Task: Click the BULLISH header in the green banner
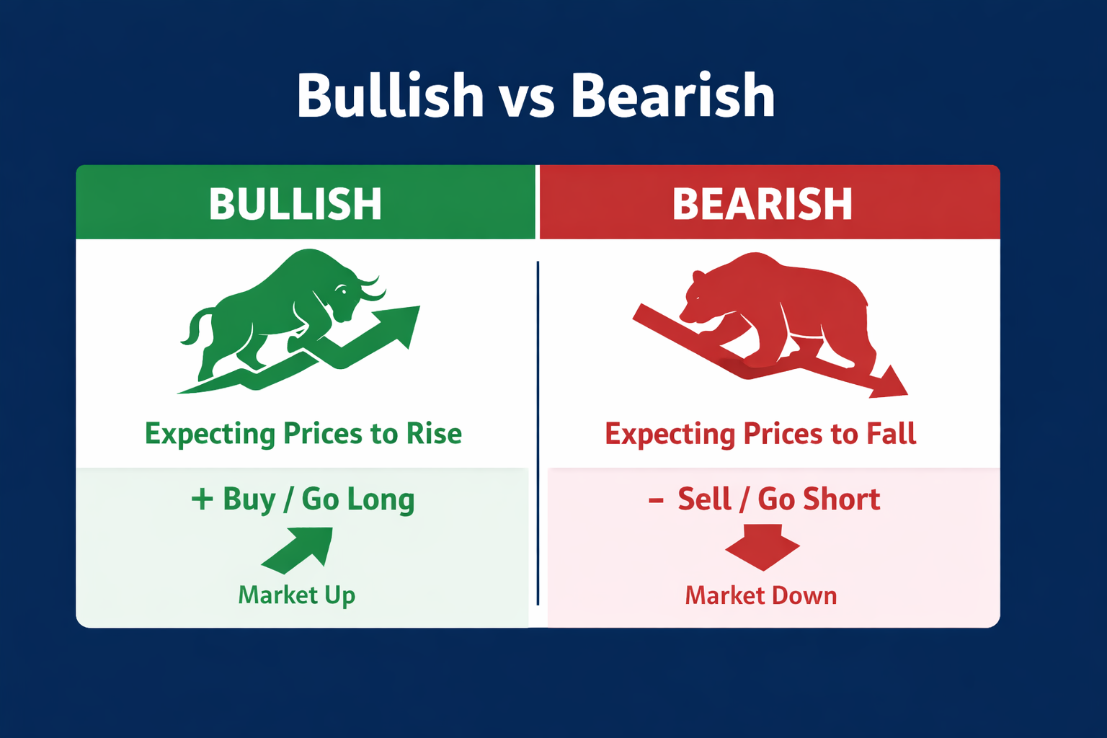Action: point(295,204)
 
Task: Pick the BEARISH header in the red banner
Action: point(762,204)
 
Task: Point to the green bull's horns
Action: point(368,288)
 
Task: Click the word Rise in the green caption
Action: point(434,434)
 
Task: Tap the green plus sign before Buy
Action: point(202,499)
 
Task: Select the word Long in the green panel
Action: point(381,500)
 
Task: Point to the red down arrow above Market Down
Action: point(763,548)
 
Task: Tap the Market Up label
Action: point(296,595)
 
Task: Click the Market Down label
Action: point(761,595)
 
